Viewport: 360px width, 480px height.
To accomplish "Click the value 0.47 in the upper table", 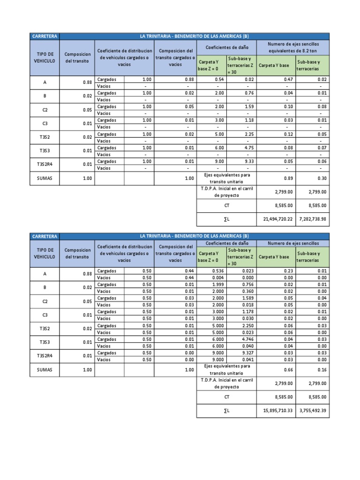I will (286, 79).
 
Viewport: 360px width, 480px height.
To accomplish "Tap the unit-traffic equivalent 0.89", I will (286, 178).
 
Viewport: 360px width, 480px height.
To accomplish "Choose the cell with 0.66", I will (286, 369).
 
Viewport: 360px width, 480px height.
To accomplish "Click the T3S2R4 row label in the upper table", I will (45, 165).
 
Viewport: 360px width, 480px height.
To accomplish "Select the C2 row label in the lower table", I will (45, 301).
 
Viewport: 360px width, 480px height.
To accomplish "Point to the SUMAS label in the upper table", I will (45, 178).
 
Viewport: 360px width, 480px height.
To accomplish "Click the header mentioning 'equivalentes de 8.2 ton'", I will (293, 46).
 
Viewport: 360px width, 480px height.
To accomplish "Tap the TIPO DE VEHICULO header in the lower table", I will (45, 253).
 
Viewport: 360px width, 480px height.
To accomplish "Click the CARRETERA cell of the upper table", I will (45, 36).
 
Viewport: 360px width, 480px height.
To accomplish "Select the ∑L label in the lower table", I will (226, 410).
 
